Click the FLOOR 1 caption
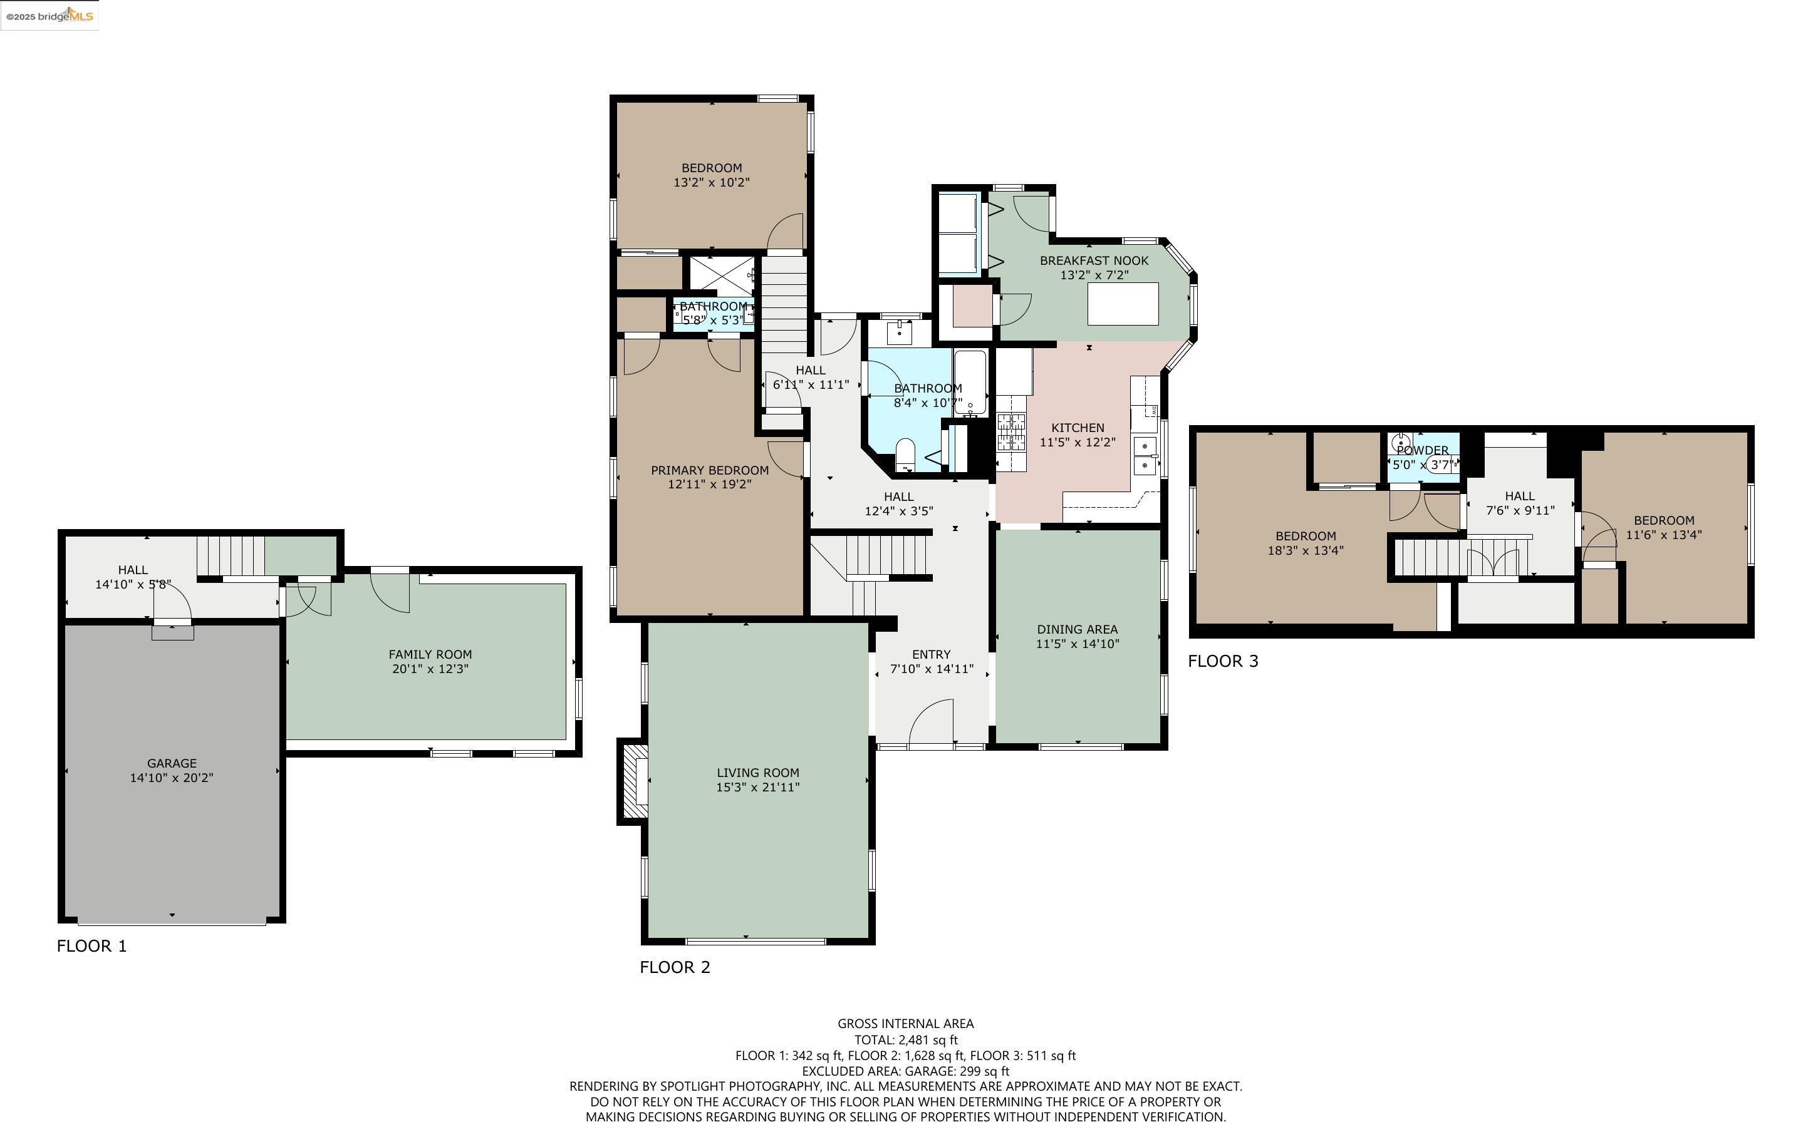pyautogui.click(x=92, y=945)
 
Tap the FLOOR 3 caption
pyautogui.click(x=1223, y=661)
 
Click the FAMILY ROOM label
pyautogui.click(x=430, y=654)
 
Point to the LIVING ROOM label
pyautogui.click(x=758, y=773)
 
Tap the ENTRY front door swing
pyautogui.click(x=931, y=723)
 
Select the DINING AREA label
pyautogui.click(x=1078, y=630)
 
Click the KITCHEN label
pyautogui.click(x=1078, y=428)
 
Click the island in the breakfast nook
pyautogui.click(x=1123, y=303)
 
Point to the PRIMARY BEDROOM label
pyautogui.click(x=709, y=470)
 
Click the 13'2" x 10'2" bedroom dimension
pyautogui.click(x=712, y=182)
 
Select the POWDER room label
pyautogui.click(x=1422, y=451)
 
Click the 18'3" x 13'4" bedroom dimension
pyautogui.click(x=1306, y=550)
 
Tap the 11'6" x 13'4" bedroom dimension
pyautogui.click(x=1664, y=535)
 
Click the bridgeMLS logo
pyautogui.click(x=49, y=16)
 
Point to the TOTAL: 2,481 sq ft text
pyautogui.click(x=906, y=1040)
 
